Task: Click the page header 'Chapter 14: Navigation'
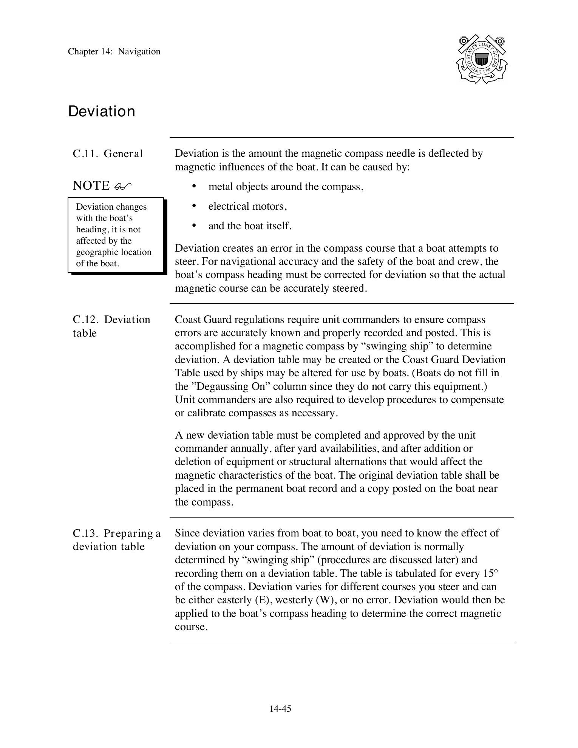tap(114, 52)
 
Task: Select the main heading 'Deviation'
tap(102, 112)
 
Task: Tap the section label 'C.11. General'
tap(108, 154)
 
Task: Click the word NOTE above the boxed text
tap(91, 186)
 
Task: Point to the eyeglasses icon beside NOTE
tap(123, 186)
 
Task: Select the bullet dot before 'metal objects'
tap(194, 186)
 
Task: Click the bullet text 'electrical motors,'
tap(247, 206)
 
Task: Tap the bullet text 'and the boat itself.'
tap(250, 226)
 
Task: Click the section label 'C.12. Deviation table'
tap(111, 326)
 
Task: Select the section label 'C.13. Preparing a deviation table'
tap(116, 540)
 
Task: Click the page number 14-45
tap(280, 709)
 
